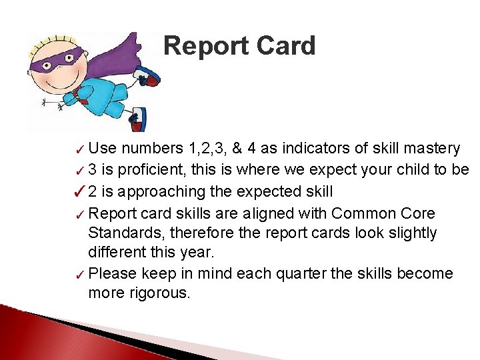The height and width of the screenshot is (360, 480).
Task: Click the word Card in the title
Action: coord(283,47)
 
